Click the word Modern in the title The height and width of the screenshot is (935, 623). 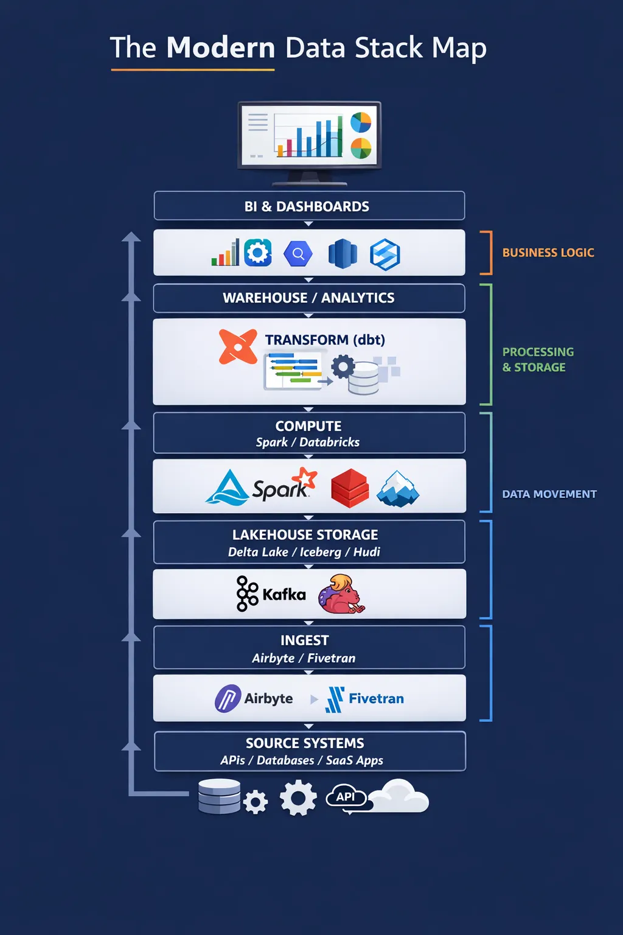(221, 47)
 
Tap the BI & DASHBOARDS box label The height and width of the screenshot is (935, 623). (307, 206)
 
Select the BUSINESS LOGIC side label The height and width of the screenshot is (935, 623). (548, 253)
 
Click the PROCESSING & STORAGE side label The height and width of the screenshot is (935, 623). (538, 359)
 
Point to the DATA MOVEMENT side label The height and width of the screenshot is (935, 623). (549, 494)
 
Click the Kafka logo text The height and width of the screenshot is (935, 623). (284, 594)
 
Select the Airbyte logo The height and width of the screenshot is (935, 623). (254, 698)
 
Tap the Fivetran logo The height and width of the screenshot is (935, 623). (364, 699)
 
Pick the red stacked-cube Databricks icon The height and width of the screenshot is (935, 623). (350, 488)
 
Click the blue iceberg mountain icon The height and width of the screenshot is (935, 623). (398, 489)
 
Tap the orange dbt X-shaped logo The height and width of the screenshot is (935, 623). (238, 346)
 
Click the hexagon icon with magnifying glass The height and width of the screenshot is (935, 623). (298, 253)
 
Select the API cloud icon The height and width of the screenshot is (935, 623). (346, 797)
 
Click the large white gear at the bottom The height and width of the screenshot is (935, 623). (298, 797)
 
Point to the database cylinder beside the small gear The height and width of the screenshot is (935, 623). (220, 796)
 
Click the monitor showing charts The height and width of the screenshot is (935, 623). (309, 142)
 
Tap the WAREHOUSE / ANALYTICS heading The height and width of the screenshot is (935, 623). (308, 298)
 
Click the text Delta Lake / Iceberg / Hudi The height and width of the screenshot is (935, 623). (304, 552)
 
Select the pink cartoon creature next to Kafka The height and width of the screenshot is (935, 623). (341, 594)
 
